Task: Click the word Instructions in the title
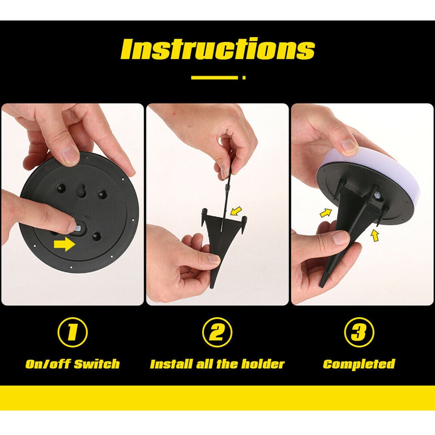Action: (x=218, y=49)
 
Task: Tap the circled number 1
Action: (x=73, y=332)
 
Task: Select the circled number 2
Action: (x=217, y=332)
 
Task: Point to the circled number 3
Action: (x=359, y=332)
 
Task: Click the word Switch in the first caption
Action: (x=97, y=364)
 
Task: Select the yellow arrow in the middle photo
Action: (x=236, y=211)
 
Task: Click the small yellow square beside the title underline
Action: (x=244, y=77)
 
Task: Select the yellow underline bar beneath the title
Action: (x=215, y=77)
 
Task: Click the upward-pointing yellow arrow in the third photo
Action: (x=375, y=235)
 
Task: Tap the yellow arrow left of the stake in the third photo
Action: (x=326, y=213)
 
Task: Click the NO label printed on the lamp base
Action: (x=88, y=217)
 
